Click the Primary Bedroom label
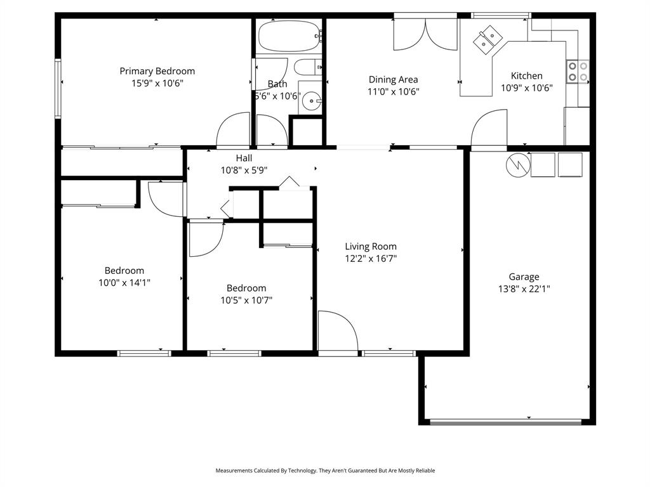pyautogui.click(x=157, y=71)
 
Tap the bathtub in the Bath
pyautogui.click(x=289, y=37)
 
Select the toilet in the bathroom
pyautogui.click(x=309, y=67)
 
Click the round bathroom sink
pyautogui.click(x=310, y=100)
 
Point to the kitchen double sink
pyautogui.click(x=488, y=39)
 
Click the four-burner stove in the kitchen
pyautogui.click(x=578, y=71)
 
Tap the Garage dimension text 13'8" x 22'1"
pyautogui.click(x=524, y=289)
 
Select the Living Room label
pyautogui.click(x=371, y=246)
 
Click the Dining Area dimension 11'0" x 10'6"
pyautogui.click(x=393, y=91)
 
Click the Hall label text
pyautogui.click(x=244, y=158)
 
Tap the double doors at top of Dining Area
pyautogui.click(x=425, y=34)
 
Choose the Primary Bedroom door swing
pyautogui.click(x=234, y=129)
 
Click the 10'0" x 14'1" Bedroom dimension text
pyautogui.click(x=124, y=283)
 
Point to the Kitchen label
pyautogui.click(x=526, y=75)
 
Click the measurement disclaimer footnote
pyautogui.click(x=325, y=471)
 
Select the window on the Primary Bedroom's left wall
pyautogui.click(x=58, y=89)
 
